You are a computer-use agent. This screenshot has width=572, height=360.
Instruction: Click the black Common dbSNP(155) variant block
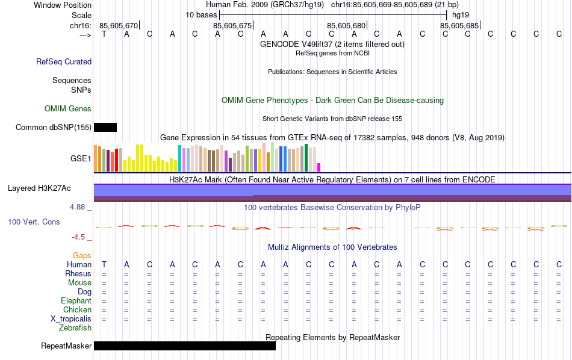click(105, 127)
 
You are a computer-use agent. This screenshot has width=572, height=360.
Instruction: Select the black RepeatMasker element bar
click(184, 346)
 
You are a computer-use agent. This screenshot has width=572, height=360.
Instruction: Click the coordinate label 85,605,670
click(119, 25)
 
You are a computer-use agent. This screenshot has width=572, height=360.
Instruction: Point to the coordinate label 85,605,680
click(346, 25)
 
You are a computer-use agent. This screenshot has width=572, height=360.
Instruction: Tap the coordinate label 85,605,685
click(459, 25)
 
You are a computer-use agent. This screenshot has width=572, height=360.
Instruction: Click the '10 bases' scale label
click(201, 14)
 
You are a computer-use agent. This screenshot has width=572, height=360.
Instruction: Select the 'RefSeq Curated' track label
click(64, 61)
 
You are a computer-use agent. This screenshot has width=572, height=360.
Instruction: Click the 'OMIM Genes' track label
click(68, 109)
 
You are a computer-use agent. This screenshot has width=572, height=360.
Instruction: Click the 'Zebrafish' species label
click(75, 328)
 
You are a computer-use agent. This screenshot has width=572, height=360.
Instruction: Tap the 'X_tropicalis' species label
click(71, 319)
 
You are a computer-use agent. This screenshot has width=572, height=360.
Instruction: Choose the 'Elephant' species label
click(76, 301)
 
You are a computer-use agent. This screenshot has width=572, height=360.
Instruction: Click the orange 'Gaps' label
click(82, 256)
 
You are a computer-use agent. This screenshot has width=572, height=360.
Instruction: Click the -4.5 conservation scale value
click(80, 237)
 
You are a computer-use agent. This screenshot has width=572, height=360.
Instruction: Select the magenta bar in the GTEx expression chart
click(319, 167)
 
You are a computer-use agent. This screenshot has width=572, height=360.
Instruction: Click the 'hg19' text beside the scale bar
click(461, 14)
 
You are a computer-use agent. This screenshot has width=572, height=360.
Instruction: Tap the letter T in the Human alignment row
click(104, 264)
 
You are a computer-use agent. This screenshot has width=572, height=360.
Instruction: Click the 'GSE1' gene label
click(81, 159)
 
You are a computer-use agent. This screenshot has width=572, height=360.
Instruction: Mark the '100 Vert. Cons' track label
click(34, 222)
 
